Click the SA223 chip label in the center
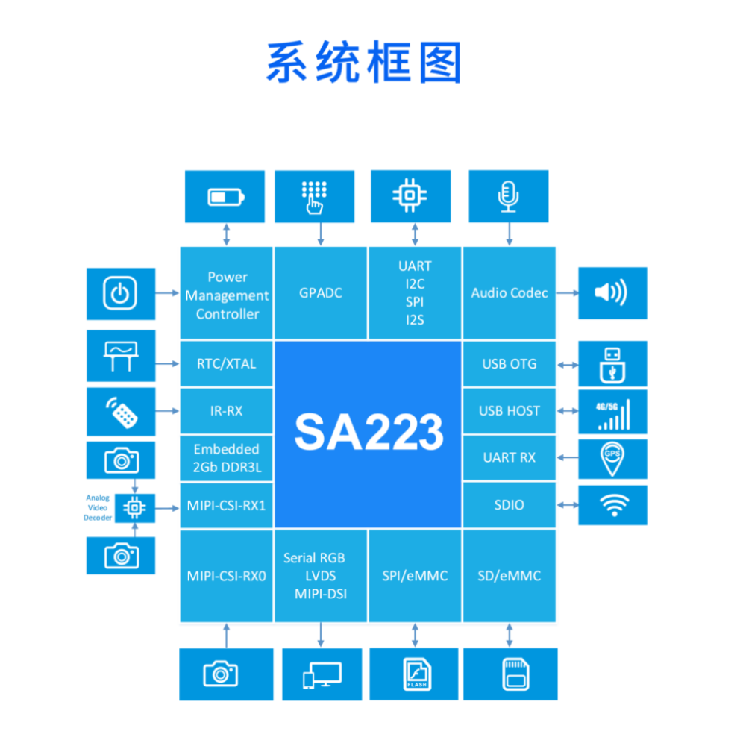click(369, 432)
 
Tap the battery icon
click(225, 197)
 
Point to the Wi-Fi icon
click(613, 506)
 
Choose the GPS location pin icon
click(612, 458)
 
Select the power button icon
click(120, 293)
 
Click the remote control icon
click(121, 411)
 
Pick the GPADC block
click(321, 293)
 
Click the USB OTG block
click(510, 364)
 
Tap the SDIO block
click(510, 505)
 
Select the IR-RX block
click(227, 411)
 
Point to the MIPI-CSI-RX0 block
click(226, 576)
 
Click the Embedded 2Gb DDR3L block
click(227, 458)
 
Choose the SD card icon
click(511, 674)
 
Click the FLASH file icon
click(415, 674)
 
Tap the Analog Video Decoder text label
click(98, 507)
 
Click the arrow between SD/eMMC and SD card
click(510, 635)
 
